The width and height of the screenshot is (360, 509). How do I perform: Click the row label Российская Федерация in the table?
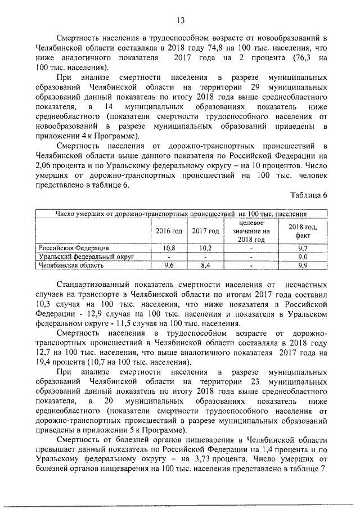click(x=73, y=247)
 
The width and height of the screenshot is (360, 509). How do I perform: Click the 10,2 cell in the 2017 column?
click(x=205, y=247)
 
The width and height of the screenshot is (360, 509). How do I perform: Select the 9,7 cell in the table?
click(x=303, y=247)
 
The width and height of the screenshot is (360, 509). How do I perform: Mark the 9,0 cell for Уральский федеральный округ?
click(x=303, y=256)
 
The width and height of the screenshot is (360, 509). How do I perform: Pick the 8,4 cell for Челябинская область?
click(x=205, y=264)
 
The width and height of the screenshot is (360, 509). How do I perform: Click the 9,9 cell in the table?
click(x=303, y=264)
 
